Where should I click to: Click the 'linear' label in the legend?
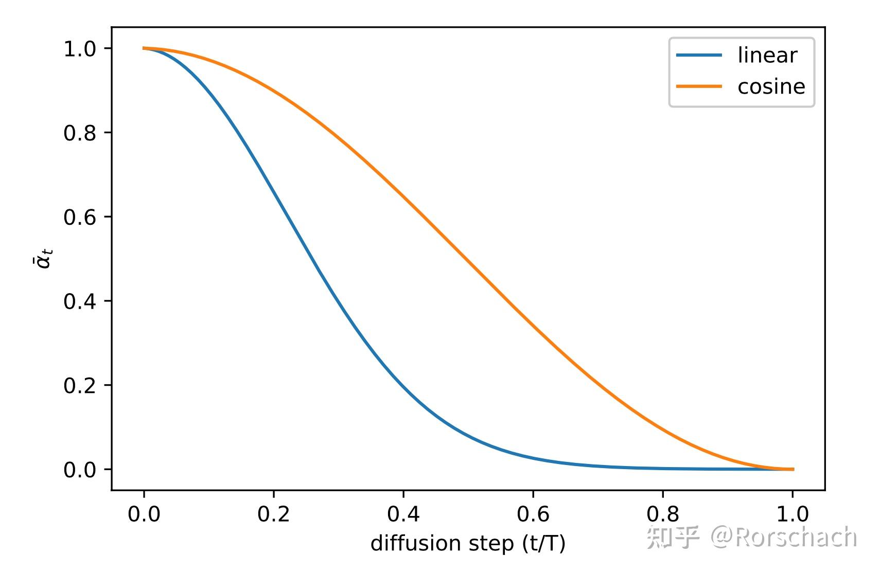[x=767, y=56]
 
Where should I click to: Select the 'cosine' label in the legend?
[x=771, y=86]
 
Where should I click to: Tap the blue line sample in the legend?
[x=699, y=56]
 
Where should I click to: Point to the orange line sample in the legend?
[x=699, y=86]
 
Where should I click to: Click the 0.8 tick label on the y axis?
[x=80, y=133]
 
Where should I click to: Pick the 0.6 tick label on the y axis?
[x=80, y=217]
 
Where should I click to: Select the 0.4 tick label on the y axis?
[x=80, y=301]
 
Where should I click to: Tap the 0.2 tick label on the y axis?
[x=80, y=386]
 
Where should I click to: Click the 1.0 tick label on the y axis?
[x=80, y=49]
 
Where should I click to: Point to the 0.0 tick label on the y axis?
[x=80, y=470]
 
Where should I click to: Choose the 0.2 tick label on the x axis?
[x=273, y=514]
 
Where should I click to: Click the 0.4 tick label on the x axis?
[x=403, y=514]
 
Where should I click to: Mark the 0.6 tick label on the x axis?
[x=533, y=514]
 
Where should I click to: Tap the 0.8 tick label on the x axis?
[x=663, y=514]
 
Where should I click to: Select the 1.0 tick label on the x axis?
[x=793, y=514]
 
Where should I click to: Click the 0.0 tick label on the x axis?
[x=144, y=514]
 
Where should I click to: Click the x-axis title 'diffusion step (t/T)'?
[x=468, y=543]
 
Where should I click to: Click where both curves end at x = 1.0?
[x=793, y=469]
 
